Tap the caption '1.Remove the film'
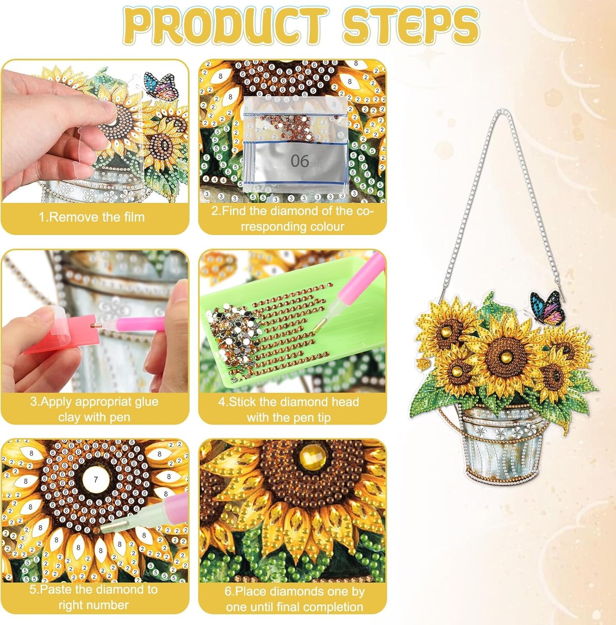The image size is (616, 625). tap(92, 217)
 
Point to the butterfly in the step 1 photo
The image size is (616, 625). tap(161, 86)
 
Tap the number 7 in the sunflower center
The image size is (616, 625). tap(95, 479)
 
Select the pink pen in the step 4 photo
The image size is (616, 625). tap(355, 285)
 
